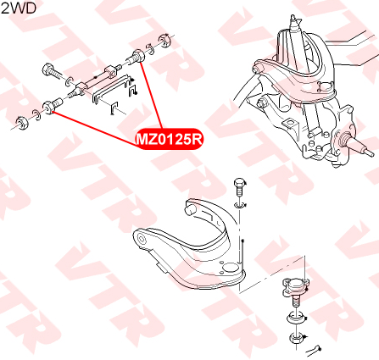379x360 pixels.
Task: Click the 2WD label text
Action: [x=19, y=8]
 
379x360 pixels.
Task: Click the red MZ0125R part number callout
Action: [x=170, y=139]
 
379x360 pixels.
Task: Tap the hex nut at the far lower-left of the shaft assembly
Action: [x=21, y=123]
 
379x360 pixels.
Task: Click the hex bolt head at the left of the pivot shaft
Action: [x=47, y=69]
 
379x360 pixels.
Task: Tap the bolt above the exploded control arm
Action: [x=240, y=187]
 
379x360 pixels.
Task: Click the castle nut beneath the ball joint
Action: [x=296, y=338]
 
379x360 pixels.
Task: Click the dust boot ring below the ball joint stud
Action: [x=297, y=318]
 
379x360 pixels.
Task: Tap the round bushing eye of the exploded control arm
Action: [x=142, y=240]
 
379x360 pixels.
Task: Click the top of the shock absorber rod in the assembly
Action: [x=293, y=18]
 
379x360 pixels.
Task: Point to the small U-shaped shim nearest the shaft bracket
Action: [x=133, y=90]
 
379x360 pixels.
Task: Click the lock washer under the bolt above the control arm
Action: [x=240, y=205]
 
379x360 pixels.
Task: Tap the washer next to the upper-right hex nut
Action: [x=150, y=49]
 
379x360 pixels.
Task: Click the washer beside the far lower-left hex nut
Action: [x=36, y=115]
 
